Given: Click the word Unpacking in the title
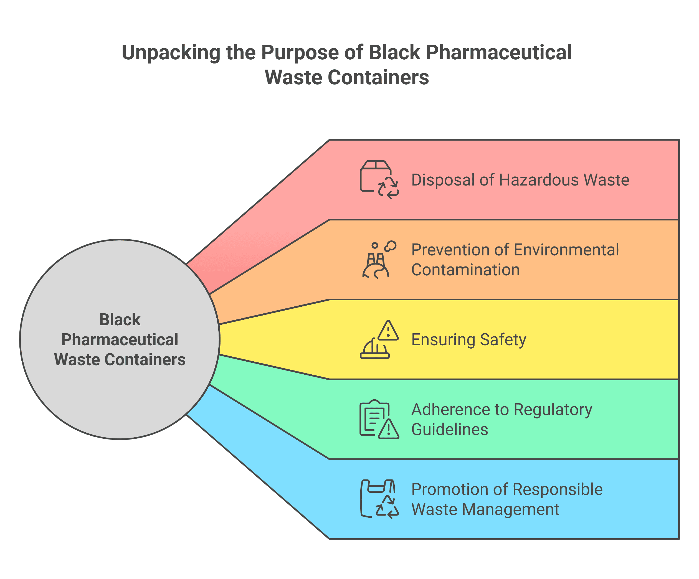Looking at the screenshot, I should (171, 53).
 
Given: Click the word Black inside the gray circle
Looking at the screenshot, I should (120, 320).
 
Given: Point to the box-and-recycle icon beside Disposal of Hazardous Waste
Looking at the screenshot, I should (379, 180).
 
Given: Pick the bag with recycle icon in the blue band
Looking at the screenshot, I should (379, 499).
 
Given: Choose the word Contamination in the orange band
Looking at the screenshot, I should (465, 270).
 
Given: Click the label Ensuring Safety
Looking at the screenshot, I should (469, 340).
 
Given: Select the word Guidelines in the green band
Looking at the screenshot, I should (450, 430).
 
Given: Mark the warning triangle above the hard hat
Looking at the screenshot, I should (388, 331).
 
